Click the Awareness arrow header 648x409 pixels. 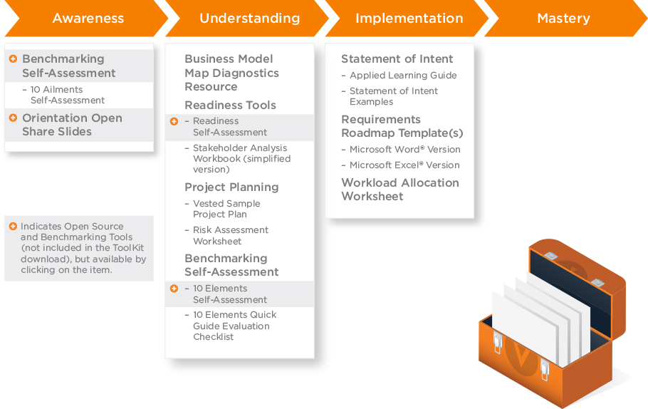(x=87, y=19)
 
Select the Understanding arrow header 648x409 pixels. (x=249, y=19)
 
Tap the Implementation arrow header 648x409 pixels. (x=409, y=19)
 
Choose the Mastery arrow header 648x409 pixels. (x=563, y=19)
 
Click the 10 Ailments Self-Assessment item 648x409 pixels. (x=68, y=95)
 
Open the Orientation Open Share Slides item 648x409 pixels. (x=72, y=125)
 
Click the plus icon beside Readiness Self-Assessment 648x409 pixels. (x=174, y=122)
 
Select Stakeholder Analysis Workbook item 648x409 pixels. (x=241, y=159)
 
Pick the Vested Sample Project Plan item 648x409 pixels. (x=226, y=209)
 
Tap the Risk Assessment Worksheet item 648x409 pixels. (x=231, y=235)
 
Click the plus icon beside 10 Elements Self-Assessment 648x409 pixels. (x=174, y=289)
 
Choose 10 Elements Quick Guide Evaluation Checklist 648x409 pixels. (x=234, y=326)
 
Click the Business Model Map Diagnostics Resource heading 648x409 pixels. (x=231, y=73)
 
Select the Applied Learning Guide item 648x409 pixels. (x=403, y=76)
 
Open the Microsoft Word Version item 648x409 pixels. (x=404, y=150)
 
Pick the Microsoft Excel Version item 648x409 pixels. (x=404, y=165)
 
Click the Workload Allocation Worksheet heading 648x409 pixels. (x=399, y=190)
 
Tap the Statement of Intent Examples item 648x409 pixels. (x=393, y=96)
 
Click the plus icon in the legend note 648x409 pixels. (x=13, y=227)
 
